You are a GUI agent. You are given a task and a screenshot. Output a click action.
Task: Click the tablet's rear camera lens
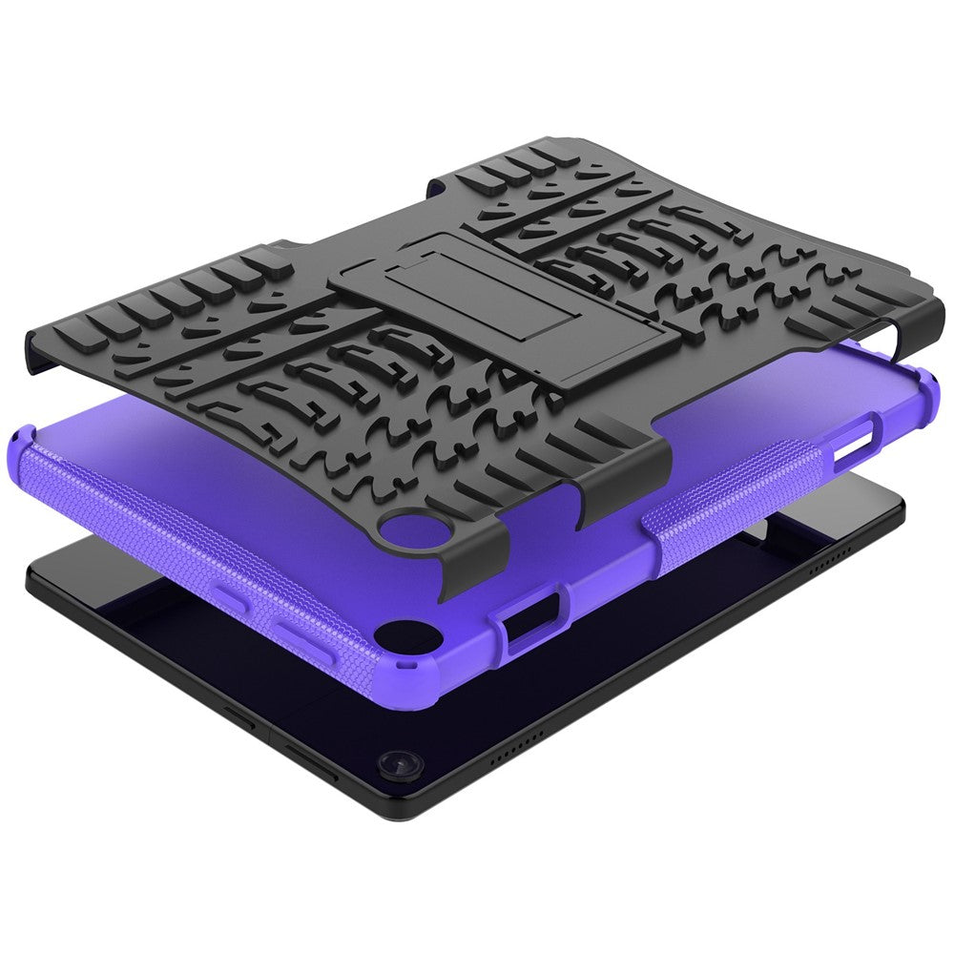click(393, 765)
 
